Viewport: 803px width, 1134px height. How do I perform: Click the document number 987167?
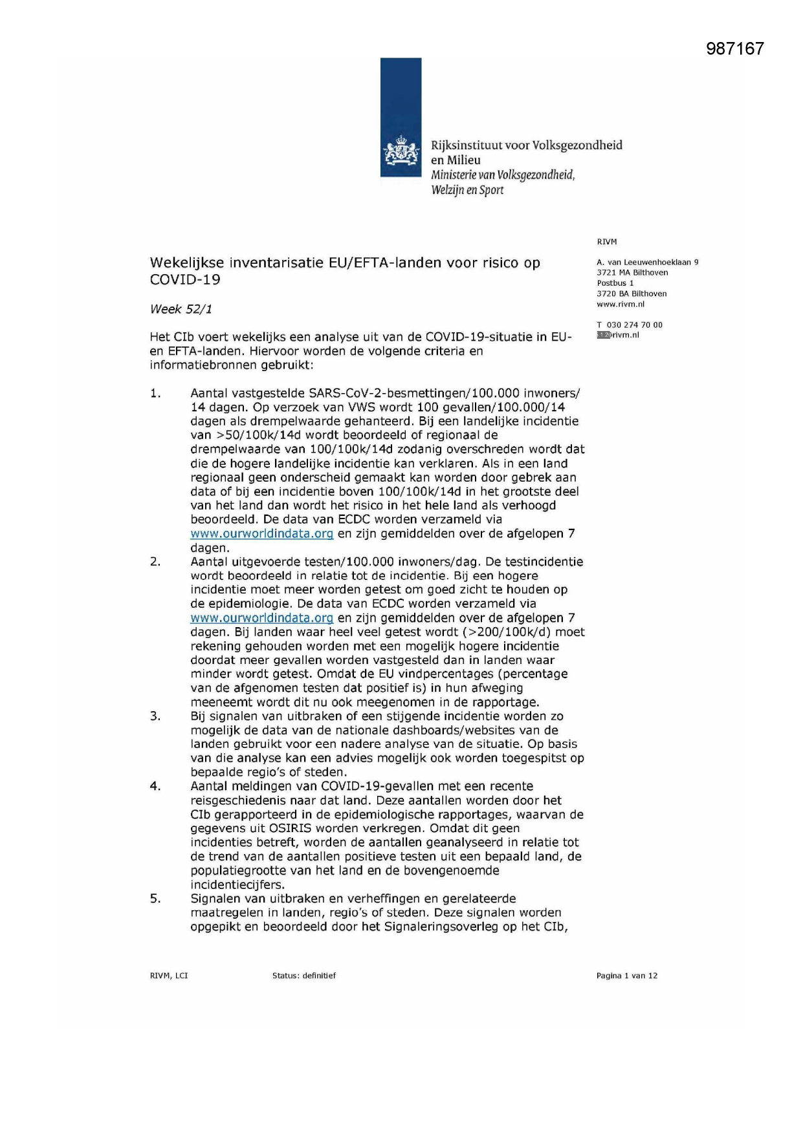point(734,48)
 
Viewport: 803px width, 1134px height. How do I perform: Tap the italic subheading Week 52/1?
point(181,309)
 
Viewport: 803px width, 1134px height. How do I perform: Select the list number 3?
point(155,716)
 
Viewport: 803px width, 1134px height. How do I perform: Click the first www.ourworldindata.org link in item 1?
point(261,533)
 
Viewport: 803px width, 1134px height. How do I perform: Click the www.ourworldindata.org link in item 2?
point(261,618)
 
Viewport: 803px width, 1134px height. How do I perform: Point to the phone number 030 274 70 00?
point(634,325)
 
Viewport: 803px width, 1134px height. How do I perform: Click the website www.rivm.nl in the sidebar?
point(620,304)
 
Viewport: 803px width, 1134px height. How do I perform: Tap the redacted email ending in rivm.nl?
point(618,335)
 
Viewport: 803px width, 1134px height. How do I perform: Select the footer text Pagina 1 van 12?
point(626,976)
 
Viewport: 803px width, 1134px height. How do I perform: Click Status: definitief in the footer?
point(304,976)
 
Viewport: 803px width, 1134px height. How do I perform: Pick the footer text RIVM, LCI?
point(169,976)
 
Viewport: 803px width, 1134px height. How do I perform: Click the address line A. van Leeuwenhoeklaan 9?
point(647,262)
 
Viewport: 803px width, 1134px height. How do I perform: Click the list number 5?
point(155,898)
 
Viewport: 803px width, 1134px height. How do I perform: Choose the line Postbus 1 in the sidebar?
point(615,283)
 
